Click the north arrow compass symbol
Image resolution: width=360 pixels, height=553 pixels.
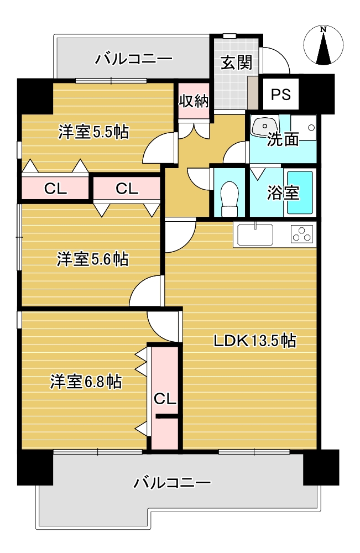323,45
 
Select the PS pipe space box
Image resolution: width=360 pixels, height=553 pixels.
281,94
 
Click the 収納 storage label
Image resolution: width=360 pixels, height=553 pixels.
194,101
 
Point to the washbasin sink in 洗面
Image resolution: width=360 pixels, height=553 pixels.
264,126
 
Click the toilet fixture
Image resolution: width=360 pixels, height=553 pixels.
229,199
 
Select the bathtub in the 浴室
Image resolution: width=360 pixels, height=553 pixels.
300,192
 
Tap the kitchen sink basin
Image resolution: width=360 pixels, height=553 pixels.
255,234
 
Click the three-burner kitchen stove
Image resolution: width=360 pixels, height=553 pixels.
302,234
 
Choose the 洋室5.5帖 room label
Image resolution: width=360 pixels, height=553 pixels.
94,132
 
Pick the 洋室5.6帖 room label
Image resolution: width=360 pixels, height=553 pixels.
92,259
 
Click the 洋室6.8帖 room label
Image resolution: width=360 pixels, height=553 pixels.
86,382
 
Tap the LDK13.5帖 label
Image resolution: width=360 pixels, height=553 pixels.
254,341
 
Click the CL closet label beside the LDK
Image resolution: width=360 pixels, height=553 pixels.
165,399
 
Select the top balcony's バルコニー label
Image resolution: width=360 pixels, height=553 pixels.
134,59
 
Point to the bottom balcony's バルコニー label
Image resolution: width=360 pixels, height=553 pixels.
172,482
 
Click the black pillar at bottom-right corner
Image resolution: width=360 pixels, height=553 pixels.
321,467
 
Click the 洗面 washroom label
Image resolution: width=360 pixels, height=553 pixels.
283,139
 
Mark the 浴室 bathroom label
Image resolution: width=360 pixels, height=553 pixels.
283,192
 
